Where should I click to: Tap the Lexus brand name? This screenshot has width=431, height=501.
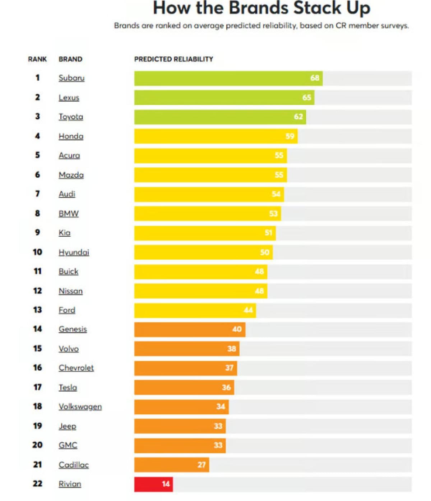pos(69,97)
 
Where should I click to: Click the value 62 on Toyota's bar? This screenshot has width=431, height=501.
pos(298,117)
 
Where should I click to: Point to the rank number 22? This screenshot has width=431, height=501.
pos(37,484)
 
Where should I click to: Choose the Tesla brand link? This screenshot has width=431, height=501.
pos(68,387)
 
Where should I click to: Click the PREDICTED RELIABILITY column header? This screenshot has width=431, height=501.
pos(173,59)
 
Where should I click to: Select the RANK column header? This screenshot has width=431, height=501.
pos(37,59)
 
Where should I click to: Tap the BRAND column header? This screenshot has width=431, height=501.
pos(70,59)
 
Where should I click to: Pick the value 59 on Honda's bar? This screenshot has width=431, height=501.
pos(290,136)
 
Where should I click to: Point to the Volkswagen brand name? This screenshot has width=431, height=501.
pos(80,407)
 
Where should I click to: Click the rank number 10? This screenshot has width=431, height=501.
pos(37,252)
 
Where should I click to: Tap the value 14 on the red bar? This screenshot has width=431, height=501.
pos(166,484)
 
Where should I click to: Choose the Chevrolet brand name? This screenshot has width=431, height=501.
pos(76,368)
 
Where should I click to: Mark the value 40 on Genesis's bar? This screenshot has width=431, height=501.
pos(237,329)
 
